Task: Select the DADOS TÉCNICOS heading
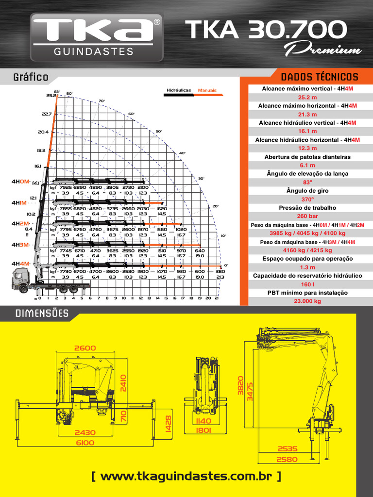[x=319, y=77]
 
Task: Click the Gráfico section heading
[x=31, y=77]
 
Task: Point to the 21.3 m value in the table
[x=307, y=114]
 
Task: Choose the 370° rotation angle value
[x=307, y=199]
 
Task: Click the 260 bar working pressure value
[x=307, y=216]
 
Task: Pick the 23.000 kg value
[x=307, y=301]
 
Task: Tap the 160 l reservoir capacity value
[x=307, y=284]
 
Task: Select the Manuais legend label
[x=207, y=90]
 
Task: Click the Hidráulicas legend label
[x=178, y=90]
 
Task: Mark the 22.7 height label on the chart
[x=47, y=114]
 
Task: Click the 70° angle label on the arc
[x=102, y=101]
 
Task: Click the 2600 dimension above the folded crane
[x=85, y=348]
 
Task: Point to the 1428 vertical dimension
[x=168, y=423]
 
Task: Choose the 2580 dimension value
[x=288, y=459]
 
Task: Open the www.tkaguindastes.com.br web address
[x=186, y=477]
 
